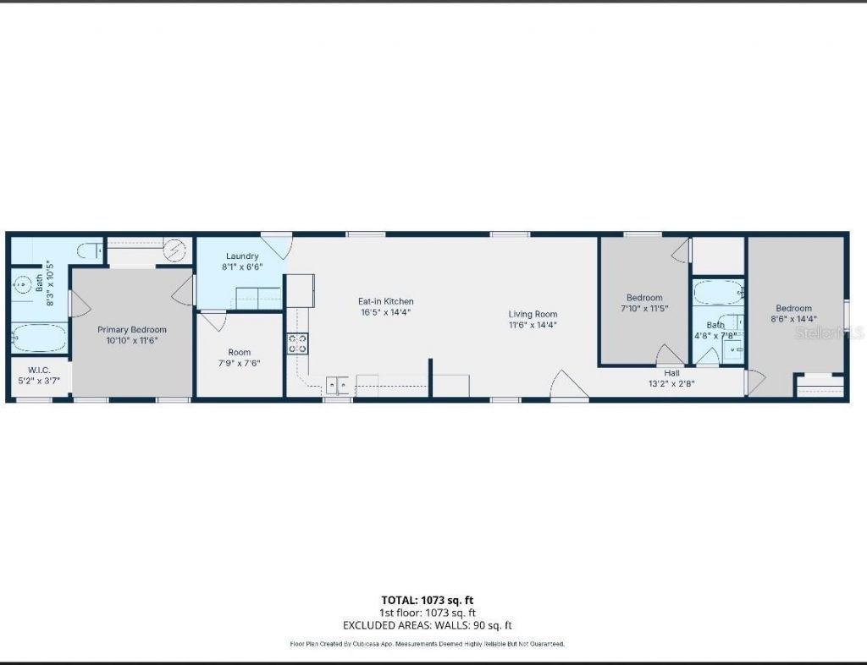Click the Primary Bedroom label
(x=131, y=329)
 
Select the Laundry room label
(x=242, y=256)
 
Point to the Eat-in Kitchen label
(x=386, y=301)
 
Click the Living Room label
(x=533, y=314)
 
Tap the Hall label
(x=671, y=372)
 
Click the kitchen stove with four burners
(x=297, y=343)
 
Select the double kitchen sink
(x=338, y=385)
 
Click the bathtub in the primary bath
(x=39, y=339)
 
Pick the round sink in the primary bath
(x=21, y=286)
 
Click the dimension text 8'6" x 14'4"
(x=793, y=319)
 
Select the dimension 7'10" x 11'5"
(x=644, y=309)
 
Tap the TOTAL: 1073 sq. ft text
(x=428, y=600)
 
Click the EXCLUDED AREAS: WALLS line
(x=428, y=625)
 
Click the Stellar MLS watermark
(x=830, y=334)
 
